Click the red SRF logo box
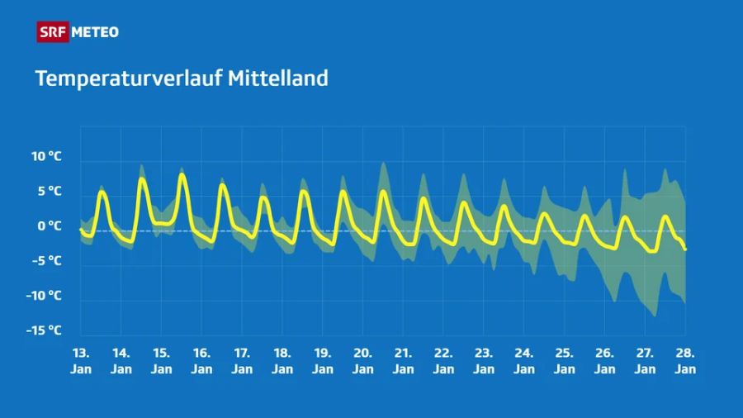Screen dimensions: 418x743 52,32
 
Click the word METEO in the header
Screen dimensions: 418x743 95,32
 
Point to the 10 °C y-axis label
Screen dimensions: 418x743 47,156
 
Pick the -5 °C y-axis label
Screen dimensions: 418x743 48,260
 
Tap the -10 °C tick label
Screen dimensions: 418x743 45,295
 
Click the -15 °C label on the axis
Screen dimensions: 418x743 45,330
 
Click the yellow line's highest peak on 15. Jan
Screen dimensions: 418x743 182,174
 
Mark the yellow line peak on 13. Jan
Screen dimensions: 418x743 102,192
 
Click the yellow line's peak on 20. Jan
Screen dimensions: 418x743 383,192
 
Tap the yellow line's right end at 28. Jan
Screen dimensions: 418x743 685,249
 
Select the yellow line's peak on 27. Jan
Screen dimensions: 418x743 665,216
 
